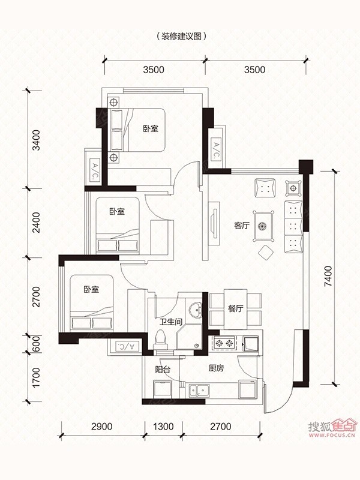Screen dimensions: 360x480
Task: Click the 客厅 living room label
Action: tap(242, 226)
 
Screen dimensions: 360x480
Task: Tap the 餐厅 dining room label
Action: tap(235, 308)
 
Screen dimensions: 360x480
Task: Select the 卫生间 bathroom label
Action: tap(171, 322)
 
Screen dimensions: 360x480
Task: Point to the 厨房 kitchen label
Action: tap(216, 368)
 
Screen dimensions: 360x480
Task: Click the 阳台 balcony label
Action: tap(162, 370)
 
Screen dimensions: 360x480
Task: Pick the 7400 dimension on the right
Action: tap(328, 277)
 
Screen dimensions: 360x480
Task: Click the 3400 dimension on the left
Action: tap(36, 140)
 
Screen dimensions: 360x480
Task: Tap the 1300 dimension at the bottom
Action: tap(163, 426)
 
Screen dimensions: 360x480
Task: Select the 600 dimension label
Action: tap(36, 344)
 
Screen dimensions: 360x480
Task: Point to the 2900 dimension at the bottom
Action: tap(102, 426)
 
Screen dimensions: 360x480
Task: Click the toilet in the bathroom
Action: tap(161, 340)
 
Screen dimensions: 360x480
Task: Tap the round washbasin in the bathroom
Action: tap(194, 310)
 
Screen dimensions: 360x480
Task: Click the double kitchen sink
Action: tap(199, 391)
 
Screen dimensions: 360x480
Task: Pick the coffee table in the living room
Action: tap(263, 226)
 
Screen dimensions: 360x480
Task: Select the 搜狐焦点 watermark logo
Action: tap(332, 426)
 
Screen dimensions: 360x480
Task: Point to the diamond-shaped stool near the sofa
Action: tap(266, 253)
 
